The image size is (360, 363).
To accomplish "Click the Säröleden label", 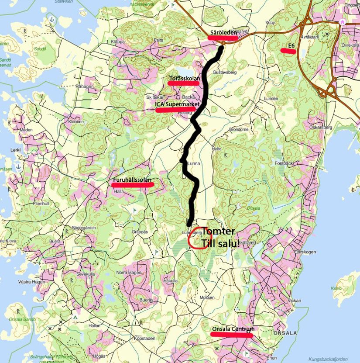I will coord(223,33).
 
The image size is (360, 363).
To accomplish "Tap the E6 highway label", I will coord(291,46).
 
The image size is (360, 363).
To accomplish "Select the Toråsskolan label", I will coord(184,79).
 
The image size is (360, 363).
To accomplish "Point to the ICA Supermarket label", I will coord(178,105).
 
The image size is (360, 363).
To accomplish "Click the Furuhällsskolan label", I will coord(132,180).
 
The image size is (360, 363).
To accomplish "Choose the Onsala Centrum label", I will coord(233,329).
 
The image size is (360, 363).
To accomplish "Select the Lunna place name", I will coord(193,164).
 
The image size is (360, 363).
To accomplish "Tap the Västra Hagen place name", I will coord(32,282).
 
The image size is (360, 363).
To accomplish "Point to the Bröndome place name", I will coord(239,129).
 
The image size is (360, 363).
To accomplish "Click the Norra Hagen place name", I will coord(127,272).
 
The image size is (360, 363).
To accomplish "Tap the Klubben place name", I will coord(76,121).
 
